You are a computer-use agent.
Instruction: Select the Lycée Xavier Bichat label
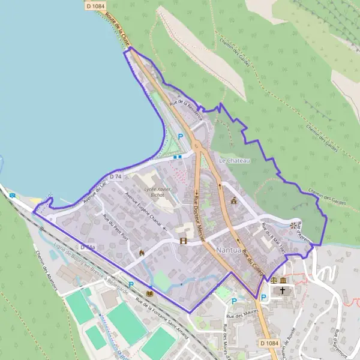point(150,192)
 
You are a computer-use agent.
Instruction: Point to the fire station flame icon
point(142,253)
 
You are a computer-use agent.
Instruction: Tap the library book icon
point(150,293)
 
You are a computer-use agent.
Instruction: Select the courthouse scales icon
point(274,280)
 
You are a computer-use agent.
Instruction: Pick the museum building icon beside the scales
point(283,280)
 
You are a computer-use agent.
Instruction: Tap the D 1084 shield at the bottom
point(270,343)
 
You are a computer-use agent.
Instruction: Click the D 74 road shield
point(116,176)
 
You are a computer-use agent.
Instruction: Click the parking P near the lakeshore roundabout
point(180,137)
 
